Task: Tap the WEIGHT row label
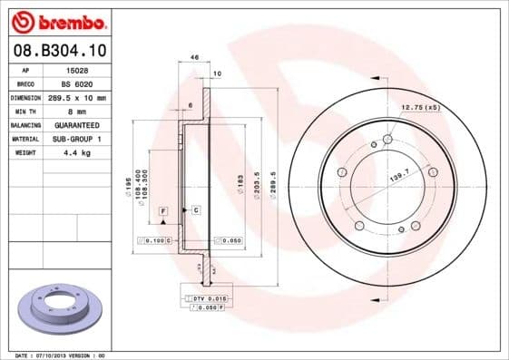click(x=24, y=153)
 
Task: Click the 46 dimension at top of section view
click(x=194, y=57)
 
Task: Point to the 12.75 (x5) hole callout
click(x=420, y=108)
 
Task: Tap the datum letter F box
click(x=163, y=210)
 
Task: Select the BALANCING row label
click(x=24, y=124)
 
